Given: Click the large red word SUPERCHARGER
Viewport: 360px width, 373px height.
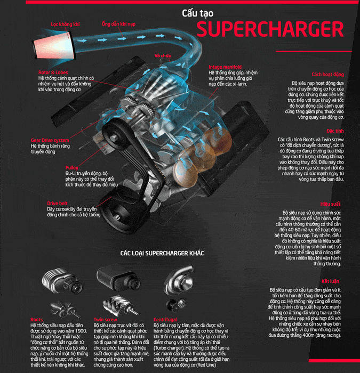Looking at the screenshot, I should pyautogui.click(x=269, y=29).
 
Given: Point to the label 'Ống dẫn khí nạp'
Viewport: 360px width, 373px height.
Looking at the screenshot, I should pyautogui.click(x=119, y=24).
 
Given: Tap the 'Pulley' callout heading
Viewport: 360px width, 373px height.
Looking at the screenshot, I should pyautogui.click(x=73, y=167).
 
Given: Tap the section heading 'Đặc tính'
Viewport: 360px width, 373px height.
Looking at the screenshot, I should pyautogui.click(x=335, y=131).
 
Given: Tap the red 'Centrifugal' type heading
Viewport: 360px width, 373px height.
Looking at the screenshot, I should pyautogui.click(x=165, y=320).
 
